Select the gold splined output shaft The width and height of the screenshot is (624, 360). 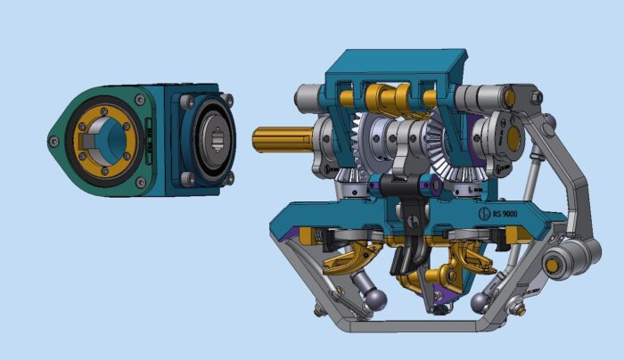pyautogui.click(x=281, y=139)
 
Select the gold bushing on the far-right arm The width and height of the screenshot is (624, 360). pyautogui.click(x=554, y=265)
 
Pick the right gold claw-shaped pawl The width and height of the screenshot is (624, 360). pyautogui.click(x=472, y=260)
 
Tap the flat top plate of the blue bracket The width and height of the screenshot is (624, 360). pyautogui.click(x=397, y=62)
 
